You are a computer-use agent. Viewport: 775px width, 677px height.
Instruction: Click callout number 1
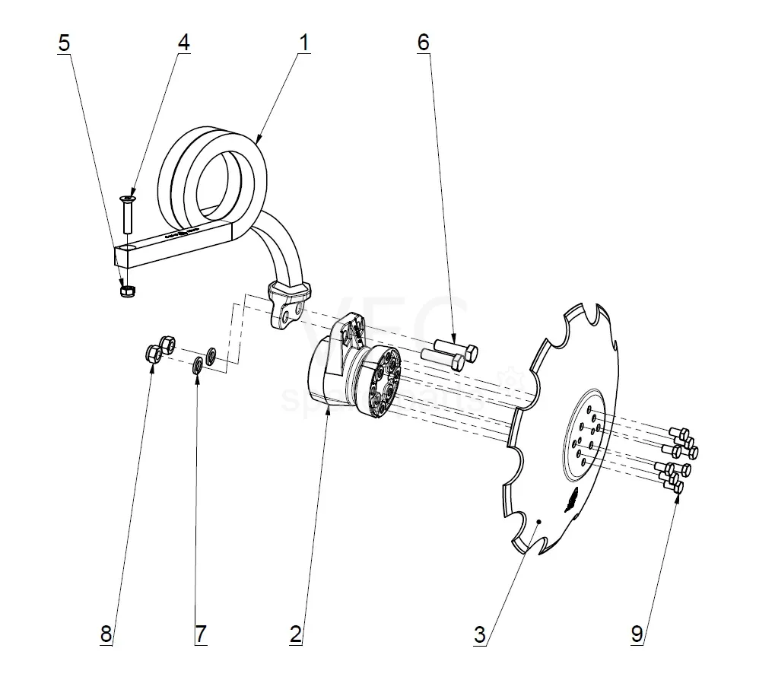(304, 43)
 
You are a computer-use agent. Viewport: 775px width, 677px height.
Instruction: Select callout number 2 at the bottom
(296, 633)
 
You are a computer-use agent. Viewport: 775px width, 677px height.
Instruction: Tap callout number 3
(479, 634)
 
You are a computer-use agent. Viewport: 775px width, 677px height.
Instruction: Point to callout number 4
(183, 43)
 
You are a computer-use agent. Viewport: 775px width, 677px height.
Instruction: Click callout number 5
(64, 43)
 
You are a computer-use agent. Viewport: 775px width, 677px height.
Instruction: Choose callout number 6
(424, 43)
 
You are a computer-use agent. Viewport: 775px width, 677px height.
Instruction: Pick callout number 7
(200, 634)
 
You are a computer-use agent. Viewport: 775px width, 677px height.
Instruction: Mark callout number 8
(106, 634)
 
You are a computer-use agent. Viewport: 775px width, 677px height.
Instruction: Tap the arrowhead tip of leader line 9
(678, 496)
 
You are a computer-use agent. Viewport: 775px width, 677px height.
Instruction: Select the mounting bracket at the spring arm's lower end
(289, 304)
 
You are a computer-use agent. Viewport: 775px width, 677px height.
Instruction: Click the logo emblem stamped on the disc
(571, 501)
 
